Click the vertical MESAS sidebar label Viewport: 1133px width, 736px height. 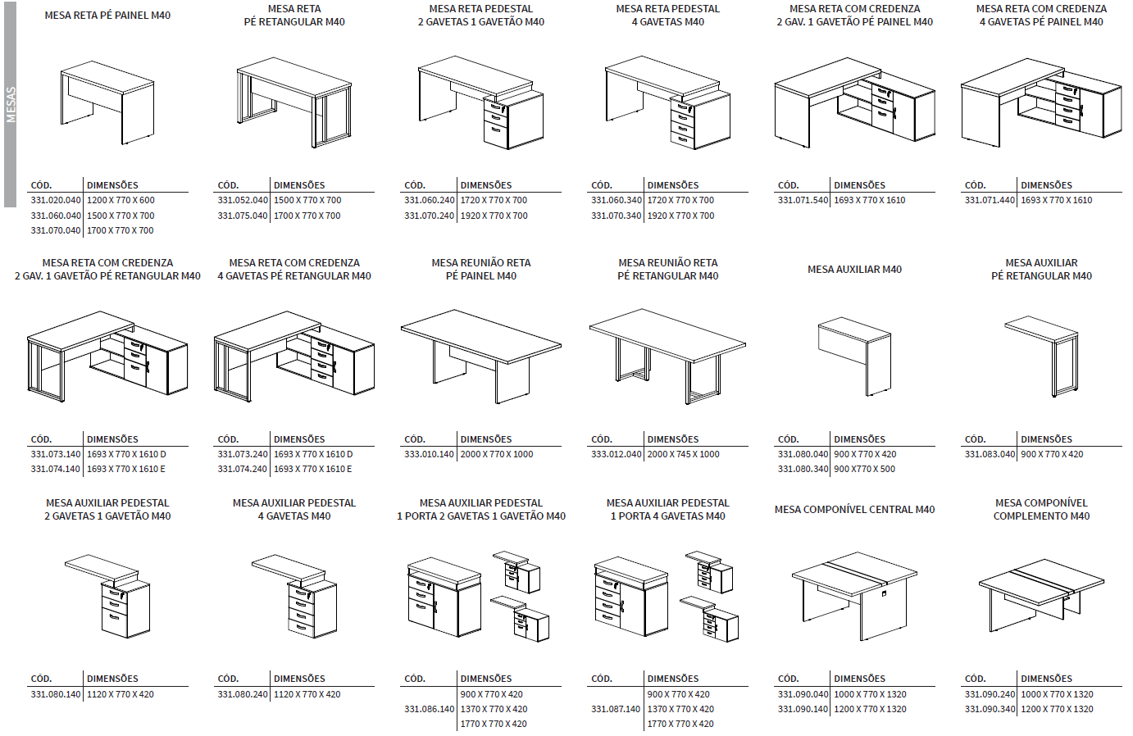pyautogui.click(x=11, y=105)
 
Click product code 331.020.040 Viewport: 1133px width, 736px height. pyautogui.click(x=56, y=200)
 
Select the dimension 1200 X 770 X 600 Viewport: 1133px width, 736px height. pyautogui.click(x=121, y=200)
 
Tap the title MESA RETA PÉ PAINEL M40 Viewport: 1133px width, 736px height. pyautogui.click(x=107, y=16)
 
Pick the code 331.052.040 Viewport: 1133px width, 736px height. pyautogui.click(x=243, y=200)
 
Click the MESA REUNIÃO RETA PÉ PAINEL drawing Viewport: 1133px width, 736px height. pyautogui.click(x=481, y=356)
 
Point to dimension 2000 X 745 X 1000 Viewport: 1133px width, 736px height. pyautogui.click(x=683, y=454)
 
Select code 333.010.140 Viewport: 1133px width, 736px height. pyautogui.click(x=429, y=454)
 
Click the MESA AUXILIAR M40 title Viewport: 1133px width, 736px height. pyautogui.click(x=854, y=269)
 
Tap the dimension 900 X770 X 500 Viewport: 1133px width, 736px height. pyautogui.click(x=864, y=469)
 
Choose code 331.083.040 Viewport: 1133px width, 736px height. pyautogui.click(x=990, y=454)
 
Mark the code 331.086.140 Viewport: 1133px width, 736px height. pyautogui.click(x=429, y=709)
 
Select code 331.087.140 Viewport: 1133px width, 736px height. pyautogui.click(x=616, y=709)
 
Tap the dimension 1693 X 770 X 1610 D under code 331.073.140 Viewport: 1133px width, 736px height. pyautogui.click(x=126, y=454)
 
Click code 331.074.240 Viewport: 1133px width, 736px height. pyautogui.click(x=243, y=469)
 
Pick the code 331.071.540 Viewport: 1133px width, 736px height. pyautogui.click(x=803, y=200)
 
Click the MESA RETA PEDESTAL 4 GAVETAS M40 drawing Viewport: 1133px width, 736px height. pyautogui.click(x=668, y=102)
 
